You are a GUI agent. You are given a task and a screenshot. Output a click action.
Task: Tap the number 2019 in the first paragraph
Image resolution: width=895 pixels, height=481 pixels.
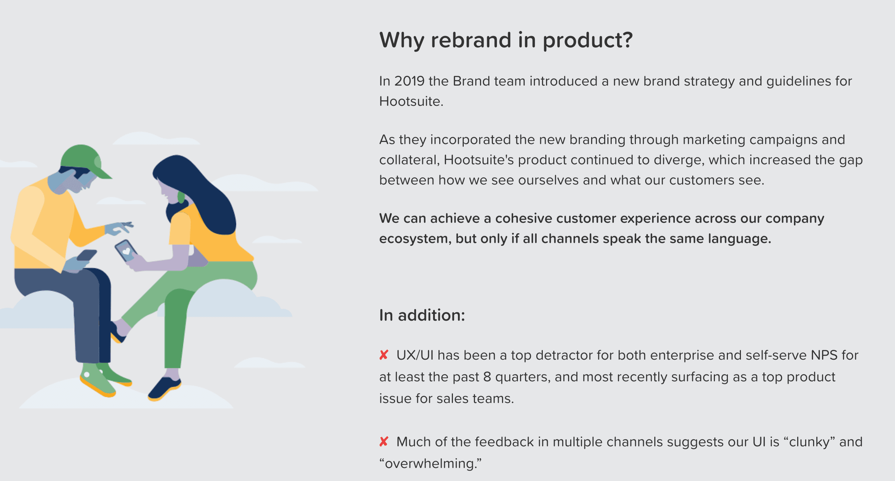[409, 81]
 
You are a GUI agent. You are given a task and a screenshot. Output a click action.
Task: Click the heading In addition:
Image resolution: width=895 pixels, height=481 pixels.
[422, 315]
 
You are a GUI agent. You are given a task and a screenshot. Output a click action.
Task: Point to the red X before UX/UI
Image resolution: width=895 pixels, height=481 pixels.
[384, 355]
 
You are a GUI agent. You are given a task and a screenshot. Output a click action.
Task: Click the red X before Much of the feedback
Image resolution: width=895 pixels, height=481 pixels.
[384, 441]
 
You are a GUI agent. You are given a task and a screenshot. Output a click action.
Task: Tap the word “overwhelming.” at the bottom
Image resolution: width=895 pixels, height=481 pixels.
[430, 463]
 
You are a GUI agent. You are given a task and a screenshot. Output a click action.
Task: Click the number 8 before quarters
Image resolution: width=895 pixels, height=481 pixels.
[487, 377]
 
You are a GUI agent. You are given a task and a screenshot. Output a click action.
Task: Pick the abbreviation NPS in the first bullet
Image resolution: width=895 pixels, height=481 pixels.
[824, 355]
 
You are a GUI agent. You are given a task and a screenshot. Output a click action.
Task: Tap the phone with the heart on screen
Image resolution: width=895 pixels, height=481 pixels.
[126, 251]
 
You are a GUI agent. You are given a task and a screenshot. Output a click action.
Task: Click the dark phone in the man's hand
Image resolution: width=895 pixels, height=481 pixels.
[87, 255]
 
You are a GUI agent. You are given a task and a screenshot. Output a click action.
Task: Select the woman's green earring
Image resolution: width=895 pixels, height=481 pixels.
[181, 197]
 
